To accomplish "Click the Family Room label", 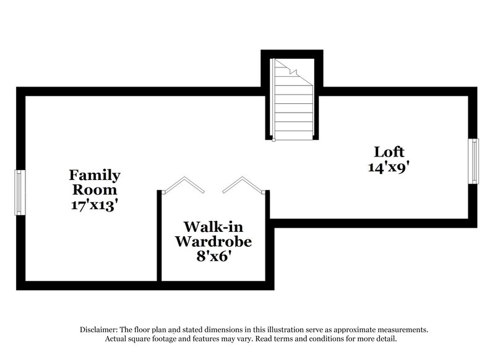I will click(x=94, y=182).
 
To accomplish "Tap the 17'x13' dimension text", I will click(x=94, y=204).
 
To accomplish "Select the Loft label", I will click(x=389, y=152).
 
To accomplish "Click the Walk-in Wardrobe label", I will click(x=213, y=233).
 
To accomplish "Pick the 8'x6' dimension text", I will click(x=213, y=255).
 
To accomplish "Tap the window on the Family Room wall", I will click(x=19, y=193).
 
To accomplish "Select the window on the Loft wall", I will click(x=475, y=161).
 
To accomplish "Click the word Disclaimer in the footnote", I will click(x=100, y=330).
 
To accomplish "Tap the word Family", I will click(x=94, y=175).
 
